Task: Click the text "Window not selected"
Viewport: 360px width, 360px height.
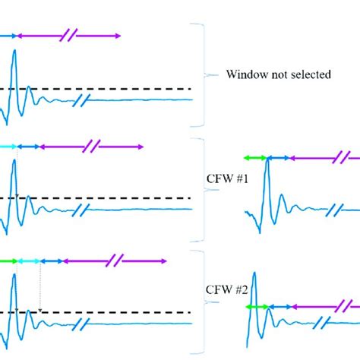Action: (277, 75)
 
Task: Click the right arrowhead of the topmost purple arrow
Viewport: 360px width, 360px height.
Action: (117, 35)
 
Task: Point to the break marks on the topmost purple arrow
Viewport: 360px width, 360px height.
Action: (70, 35)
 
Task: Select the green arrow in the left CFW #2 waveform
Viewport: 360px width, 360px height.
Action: (8, 261)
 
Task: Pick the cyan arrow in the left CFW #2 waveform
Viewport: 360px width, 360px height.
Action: (30, 261)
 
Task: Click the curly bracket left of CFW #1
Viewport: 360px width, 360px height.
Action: (200, 179)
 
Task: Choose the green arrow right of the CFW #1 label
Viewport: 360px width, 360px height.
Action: (254, 157)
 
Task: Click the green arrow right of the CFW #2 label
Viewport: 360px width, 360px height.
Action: (257, 306)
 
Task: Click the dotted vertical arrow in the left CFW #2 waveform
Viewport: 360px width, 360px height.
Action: (40, 287)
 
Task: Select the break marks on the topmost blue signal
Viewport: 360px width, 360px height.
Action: (85, 99)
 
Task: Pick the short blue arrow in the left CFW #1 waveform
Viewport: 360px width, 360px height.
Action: (28, 146)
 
